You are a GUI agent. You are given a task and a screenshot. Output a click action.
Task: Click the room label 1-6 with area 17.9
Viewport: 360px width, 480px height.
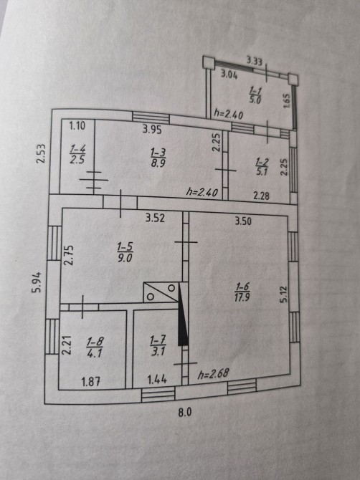(242, 292)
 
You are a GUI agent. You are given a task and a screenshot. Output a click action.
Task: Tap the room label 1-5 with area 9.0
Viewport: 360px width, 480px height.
(125, 252)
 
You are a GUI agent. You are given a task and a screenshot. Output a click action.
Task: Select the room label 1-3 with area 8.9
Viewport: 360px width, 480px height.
(158, 158)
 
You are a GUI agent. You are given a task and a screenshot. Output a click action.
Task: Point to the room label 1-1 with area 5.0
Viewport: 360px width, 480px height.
(255, 95)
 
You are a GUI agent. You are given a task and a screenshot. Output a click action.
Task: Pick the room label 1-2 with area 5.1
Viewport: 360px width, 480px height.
(262, 167)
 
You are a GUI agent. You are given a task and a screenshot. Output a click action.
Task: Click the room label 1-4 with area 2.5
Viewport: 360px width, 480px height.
(77, 155)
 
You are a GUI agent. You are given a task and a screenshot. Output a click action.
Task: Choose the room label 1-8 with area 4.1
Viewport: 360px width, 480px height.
(95, 347)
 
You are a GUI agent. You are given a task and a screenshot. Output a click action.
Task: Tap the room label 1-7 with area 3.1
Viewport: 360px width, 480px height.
(158, 345)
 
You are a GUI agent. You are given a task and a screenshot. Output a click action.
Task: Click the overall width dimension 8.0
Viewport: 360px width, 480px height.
(185, 413)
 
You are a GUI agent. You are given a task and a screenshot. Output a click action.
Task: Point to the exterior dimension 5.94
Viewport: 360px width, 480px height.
(37, 282)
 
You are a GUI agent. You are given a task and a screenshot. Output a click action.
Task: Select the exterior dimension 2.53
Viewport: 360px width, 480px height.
(41, 154)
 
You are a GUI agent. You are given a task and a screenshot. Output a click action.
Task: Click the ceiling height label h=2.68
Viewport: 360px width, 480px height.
(213, 374)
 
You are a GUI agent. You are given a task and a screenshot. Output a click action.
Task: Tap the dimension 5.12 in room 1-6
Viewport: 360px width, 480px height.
(283, 294)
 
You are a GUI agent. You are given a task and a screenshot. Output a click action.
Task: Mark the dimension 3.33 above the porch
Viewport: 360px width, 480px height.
(255, 61)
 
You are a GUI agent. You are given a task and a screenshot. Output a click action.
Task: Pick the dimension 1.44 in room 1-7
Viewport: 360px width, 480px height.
(157, 380)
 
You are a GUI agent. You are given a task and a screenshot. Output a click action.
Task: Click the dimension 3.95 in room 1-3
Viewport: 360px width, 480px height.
(152, 130)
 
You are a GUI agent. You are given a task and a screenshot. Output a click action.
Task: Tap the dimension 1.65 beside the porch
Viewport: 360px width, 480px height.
(286, 101)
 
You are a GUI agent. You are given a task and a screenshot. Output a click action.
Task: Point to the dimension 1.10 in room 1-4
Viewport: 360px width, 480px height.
(77, 125)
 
